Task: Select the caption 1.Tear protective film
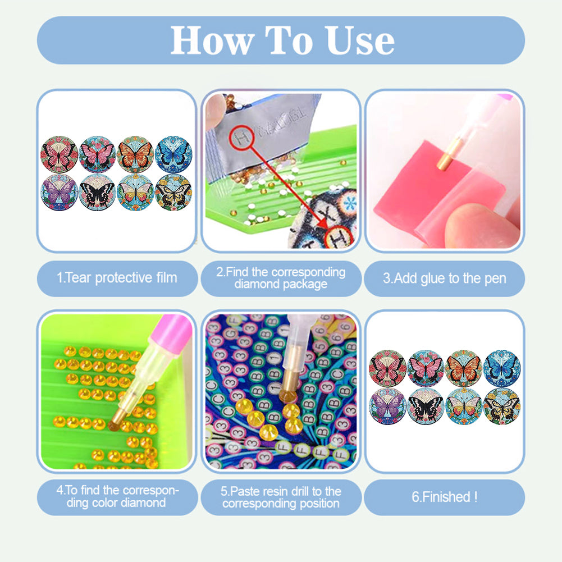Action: pyautogui.click(x=117, y=277)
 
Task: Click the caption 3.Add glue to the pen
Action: pyautogui.click(x=444, y=278)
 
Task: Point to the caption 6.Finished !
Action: pyautogui.click(x=444, y=497)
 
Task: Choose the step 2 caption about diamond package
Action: pyautogui.click(x=281, y=278)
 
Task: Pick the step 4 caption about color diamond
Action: pyautogui.click(x=117, y=497)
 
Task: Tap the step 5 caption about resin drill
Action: pyautogui.click(x=281, y=497)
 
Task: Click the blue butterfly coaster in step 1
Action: pyautogui.click(x=173, y=154)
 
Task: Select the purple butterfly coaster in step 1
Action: pyautogui.click(x=59, y=192)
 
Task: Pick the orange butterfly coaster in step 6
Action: pyautogui.click(x=463, y=368)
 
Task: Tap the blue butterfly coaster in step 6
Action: pyautogui.click(x=501, y=368)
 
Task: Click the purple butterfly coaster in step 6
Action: pyautogui.click(x=387, y=405)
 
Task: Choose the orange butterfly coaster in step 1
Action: pyautogui.click(x=135, y=154)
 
